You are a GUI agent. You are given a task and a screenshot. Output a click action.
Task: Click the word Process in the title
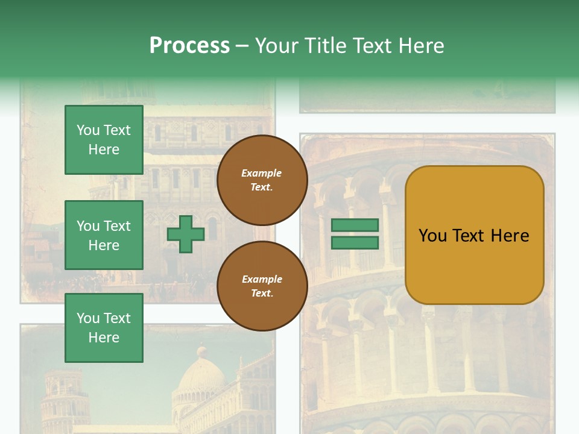[189, 46]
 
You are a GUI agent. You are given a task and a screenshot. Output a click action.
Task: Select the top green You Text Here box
[104, 140]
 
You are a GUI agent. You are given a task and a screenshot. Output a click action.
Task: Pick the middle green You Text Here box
[104, 235]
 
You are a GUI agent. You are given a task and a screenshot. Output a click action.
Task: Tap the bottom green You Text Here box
[104, 328]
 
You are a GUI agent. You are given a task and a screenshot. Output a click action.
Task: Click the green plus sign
[186, 234]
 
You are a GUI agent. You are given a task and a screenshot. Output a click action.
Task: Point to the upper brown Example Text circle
[262, 180]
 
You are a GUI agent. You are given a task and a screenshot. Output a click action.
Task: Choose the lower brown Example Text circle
[262, 286]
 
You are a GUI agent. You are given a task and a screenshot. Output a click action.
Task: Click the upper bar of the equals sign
[355, 225]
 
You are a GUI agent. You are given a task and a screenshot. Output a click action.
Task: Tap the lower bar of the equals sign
[355, 242]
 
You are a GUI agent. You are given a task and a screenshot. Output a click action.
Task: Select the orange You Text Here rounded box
[474, 235]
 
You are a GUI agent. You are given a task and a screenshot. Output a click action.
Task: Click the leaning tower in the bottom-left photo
[63, 401]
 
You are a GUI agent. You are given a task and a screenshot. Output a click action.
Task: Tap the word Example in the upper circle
[262, 174]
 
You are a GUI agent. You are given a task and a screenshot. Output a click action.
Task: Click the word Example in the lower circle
[262, 280]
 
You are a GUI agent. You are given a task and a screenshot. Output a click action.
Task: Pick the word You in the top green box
[88, 130]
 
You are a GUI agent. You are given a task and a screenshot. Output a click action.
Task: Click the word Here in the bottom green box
[104, 338]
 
